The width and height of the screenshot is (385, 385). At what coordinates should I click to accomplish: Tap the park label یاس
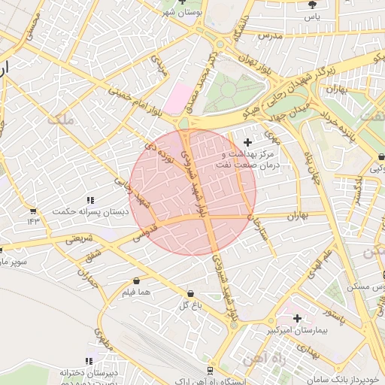pos(312,17)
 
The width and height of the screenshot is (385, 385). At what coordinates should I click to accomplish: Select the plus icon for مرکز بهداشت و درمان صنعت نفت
pos(247,142)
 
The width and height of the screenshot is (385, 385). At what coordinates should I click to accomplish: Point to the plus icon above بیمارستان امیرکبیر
pos(297,318)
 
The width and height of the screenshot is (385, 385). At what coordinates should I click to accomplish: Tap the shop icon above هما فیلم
pos(135,280)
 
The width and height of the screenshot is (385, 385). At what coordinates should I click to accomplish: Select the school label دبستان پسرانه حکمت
pos(90,212)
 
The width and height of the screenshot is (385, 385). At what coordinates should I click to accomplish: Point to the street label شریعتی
pos(79,239)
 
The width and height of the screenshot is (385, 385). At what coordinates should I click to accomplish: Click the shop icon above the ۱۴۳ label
pos(33,211)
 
